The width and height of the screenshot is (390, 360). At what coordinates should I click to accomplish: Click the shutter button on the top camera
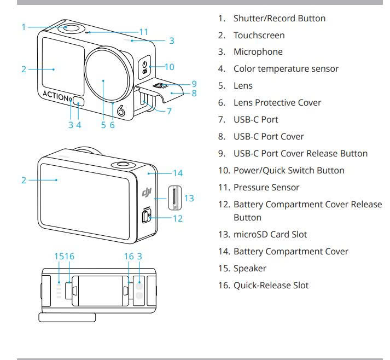pos(71,28)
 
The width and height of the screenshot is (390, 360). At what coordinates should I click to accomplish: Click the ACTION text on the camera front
pos(56,95)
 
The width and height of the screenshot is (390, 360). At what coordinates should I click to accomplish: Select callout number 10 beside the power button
pos(169,67)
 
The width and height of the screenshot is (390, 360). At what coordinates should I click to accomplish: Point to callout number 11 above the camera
pos(144,32)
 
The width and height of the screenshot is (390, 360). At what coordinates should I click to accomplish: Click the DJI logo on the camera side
pos(146,192)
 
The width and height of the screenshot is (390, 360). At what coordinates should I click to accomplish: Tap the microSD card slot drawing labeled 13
pos(174,198)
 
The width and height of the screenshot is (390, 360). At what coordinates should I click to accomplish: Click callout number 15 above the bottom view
pos(59,256)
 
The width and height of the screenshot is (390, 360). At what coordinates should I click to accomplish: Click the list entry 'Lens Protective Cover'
pos(285,103)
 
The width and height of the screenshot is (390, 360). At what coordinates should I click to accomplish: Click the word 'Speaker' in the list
pos(250,269)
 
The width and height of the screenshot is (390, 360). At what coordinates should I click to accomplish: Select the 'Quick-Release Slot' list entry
pos(271,286)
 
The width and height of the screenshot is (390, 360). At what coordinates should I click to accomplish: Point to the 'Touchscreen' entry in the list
pos(259,35)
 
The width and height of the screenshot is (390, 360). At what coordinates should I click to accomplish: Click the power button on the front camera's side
pos(144,67)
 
